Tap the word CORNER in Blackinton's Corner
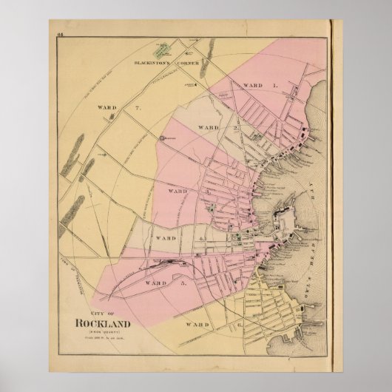pyautogui.click(x=186, y=63)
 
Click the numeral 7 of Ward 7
pyautogui.click(x=138, y=108)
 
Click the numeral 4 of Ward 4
pyautogui.click(x=200, y=238)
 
